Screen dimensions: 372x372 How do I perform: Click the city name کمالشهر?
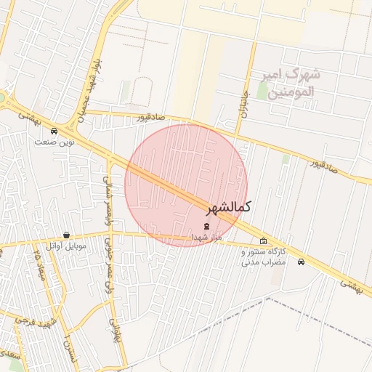click(227, 208)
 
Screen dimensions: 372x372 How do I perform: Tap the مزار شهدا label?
click(206, 238)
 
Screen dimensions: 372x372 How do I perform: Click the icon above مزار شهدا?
click(206, 227)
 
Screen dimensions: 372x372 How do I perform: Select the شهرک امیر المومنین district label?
click(290, 84)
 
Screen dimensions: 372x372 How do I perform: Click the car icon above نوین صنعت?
click(55, 132)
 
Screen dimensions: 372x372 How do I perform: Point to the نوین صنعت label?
click(54, 142)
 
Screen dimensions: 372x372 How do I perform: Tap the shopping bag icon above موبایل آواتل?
click(67, 235)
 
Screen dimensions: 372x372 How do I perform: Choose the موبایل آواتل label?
click(66, 246)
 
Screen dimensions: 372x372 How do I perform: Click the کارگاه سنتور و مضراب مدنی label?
click(264, 256)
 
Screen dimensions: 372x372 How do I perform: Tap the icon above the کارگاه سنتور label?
click(263, 242)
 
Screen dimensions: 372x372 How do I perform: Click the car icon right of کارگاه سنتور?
click(301, 262)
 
